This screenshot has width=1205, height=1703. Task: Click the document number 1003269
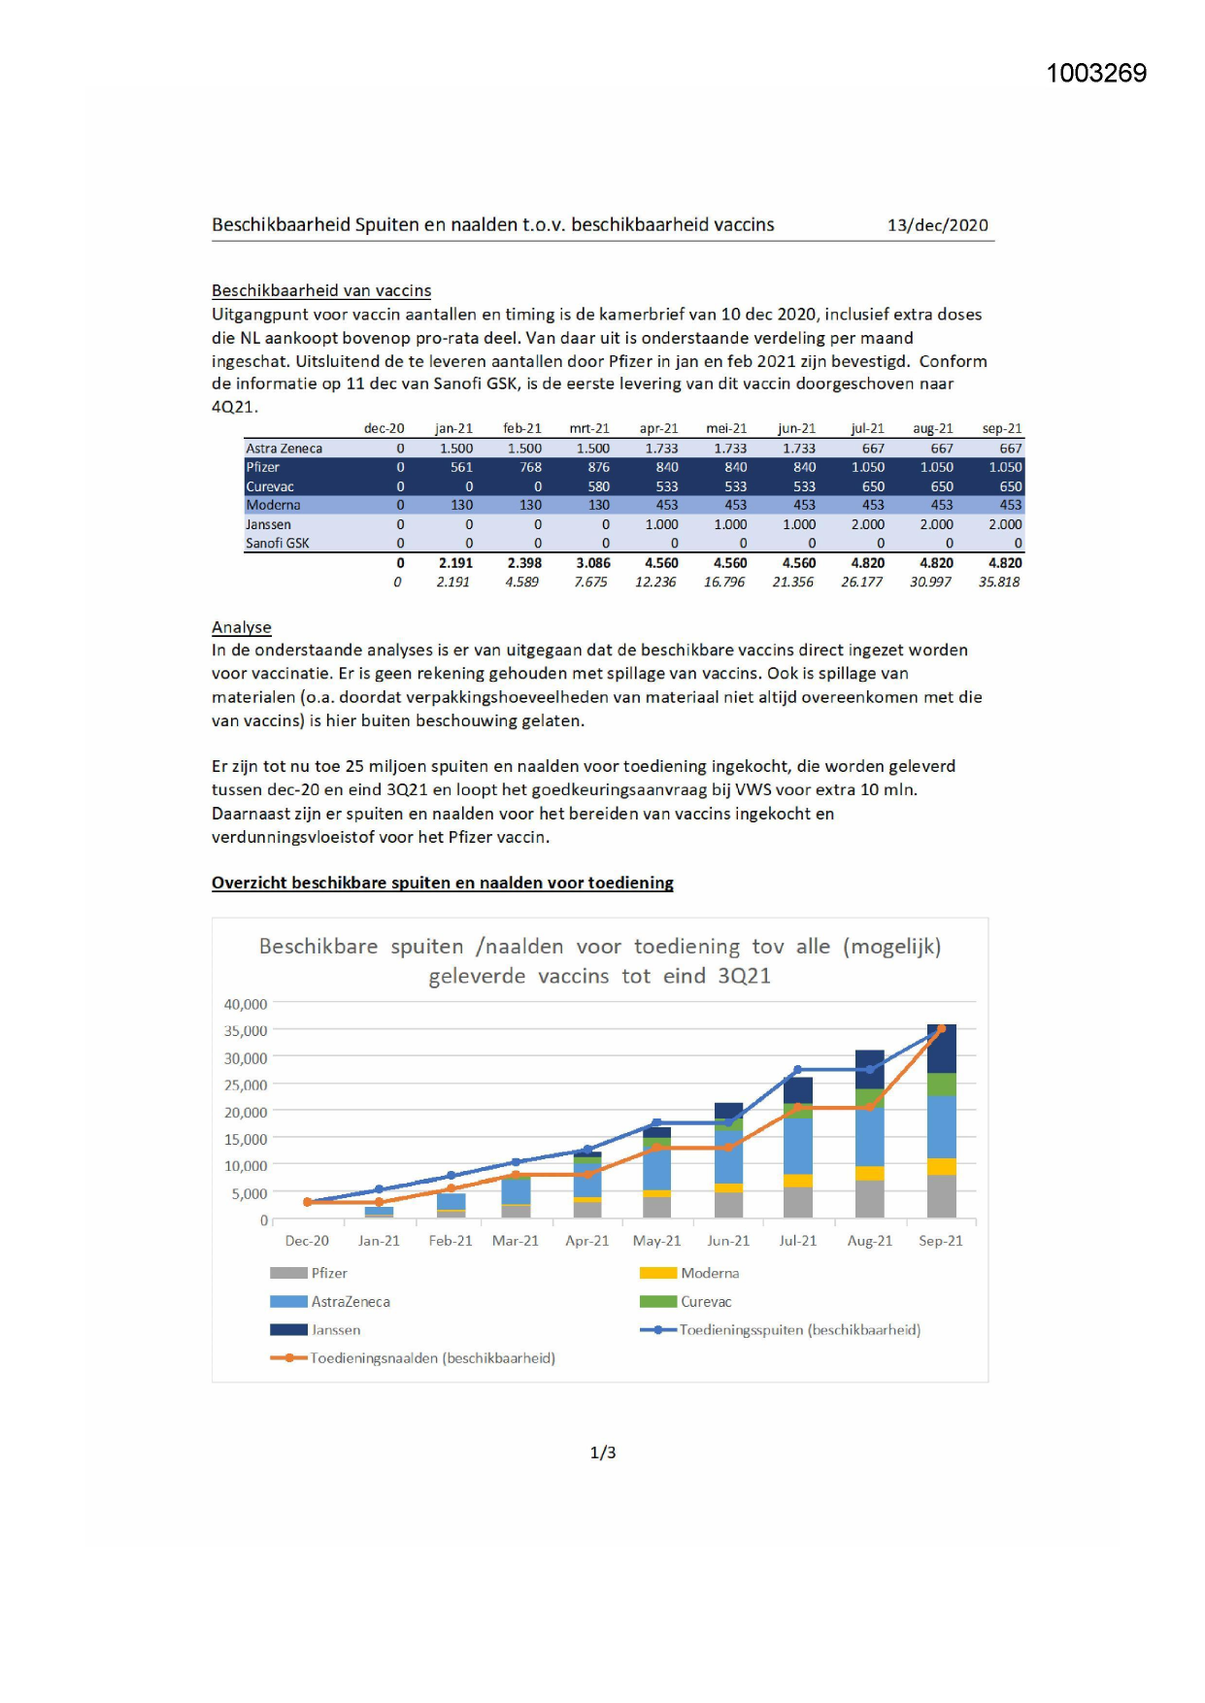(1095, 74)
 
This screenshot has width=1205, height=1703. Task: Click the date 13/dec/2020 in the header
(937, 225)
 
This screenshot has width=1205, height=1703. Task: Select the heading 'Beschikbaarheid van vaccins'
(321, 290)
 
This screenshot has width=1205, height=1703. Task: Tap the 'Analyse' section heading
(242, 627)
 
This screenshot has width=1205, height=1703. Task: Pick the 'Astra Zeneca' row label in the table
(284, 449)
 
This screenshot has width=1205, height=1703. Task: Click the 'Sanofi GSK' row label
(278, 544)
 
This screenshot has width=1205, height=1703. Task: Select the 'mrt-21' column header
(589, 428)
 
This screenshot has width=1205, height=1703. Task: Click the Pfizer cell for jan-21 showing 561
(461, 467)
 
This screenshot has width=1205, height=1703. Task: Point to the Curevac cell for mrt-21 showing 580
(598, 486)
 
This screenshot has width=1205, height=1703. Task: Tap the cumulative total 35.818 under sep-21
(999, 583)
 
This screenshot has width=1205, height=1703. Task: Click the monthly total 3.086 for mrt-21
(593, 563)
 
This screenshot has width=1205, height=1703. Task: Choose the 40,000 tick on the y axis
(246, 1004)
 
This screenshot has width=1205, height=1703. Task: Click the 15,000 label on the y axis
(246, 1139)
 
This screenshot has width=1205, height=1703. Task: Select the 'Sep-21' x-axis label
(940, 1241)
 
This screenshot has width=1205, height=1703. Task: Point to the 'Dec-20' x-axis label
(307, 1241)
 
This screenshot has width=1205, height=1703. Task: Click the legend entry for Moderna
(709, 1273)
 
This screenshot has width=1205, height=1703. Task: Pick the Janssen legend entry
(335, 1330)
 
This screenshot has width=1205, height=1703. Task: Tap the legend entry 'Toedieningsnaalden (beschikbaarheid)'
(432, 1358)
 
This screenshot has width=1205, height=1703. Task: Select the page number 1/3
(602, 1453)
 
